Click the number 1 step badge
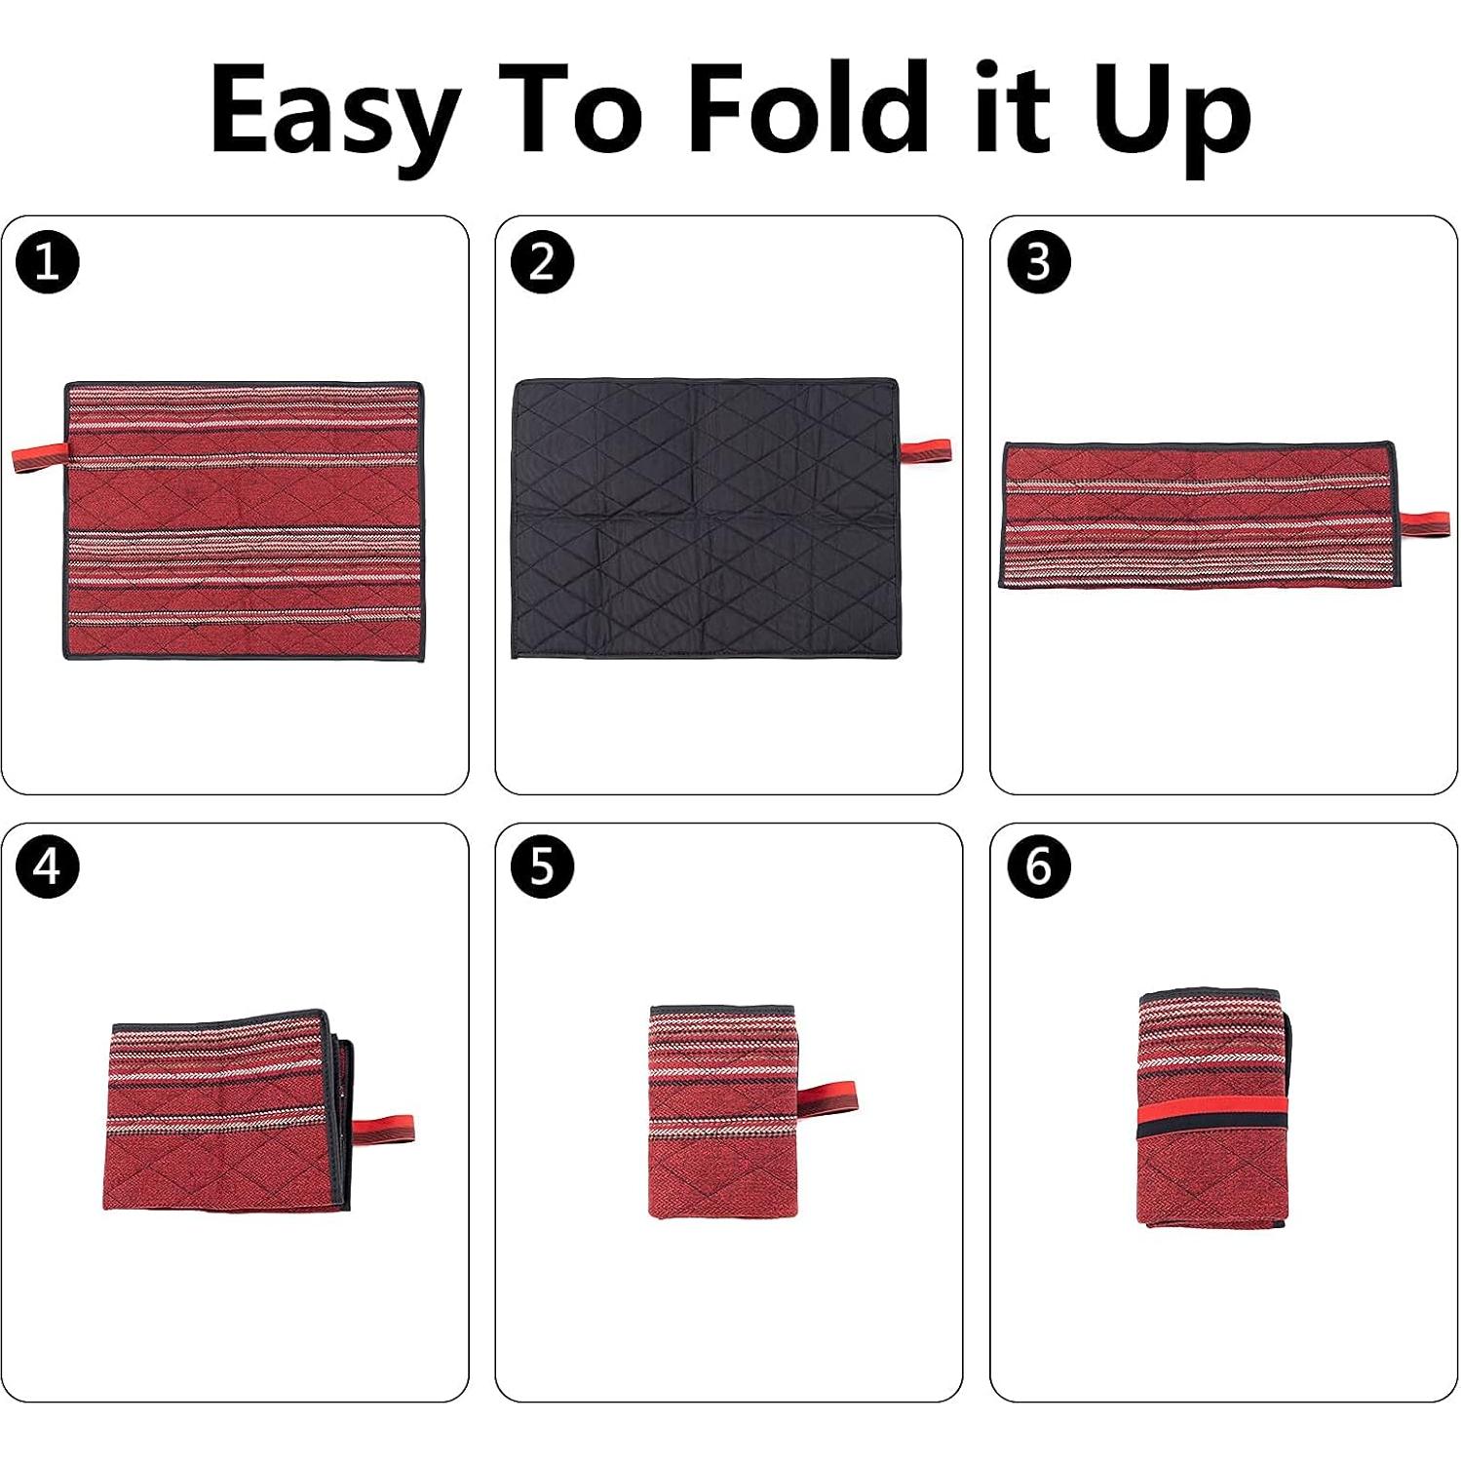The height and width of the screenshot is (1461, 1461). [x=47, y=262]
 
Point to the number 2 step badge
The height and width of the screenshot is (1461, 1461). [x=542, y=262]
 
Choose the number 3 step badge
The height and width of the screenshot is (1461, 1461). [x=1038, y=262]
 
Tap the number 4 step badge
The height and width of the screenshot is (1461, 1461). [x=47, y=866]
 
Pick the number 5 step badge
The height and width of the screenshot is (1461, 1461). [x=542, y=866]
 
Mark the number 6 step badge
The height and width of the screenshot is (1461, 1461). [x=1038, y=866]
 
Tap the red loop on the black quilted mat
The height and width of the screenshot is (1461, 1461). [x=925, y=451]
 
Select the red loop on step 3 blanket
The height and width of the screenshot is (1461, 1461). [x=1425, y=521]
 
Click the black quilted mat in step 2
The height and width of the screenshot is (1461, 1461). [x=705, y=519]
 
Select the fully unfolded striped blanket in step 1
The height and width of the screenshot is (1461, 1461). [x=244, y=521]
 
